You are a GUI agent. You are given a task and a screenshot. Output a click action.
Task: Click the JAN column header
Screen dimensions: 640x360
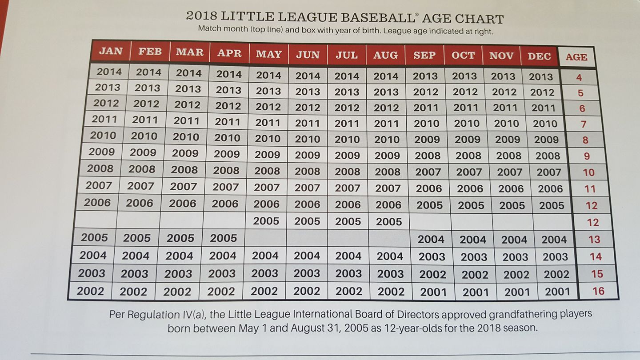[x=111, y=51]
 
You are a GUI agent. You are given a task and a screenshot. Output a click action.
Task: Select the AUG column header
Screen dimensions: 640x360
[x=385, y=55]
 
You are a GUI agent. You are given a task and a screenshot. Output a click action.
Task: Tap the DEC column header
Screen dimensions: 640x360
[x=539, y=56]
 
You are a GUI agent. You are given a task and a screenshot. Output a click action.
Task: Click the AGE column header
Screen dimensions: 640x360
[x=576, y=57]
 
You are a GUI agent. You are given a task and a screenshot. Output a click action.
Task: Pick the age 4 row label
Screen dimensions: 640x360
[x=579, y=77]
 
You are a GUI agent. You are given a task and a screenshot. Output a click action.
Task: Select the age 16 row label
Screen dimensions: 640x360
[x=598, y=291]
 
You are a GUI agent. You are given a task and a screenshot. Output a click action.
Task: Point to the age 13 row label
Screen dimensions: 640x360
[x=594, y=240]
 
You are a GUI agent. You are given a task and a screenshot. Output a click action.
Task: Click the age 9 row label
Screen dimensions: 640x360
[x=587, y=156]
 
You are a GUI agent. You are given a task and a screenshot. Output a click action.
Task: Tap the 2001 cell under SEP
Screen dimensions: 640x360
[x=433, y=292]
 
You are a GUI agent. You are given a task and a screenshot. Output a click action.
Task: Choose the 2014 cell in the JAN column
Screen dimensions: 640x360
[x=109, y=72]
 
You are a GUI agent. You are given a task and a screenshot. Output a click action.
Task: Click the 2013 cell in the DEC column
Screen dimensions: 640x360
[x=540, y=76]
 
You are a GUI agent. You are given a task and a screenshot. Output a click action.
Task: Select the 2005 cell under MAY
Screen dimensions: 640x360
[x=266, y=221]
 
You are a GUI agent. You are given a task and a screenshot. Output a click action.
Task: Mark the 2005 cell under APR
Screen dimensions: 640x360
[x=224, y=238]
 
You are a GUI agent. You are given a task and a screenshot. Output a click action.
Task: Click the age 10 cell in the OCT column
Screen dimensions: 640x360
[x=469, y=172]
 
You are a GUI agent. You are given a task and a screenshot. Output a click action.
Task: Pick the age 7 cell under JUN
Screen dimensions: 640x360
[x=307, y=123]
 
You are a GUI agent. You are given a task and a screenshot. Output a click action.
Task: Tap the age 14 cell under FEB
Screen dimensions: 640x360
[x=136, y=256]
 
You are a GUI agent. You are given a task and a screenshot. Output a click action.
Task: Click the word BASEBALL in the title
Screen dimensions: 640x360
[x=377, y=18]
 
